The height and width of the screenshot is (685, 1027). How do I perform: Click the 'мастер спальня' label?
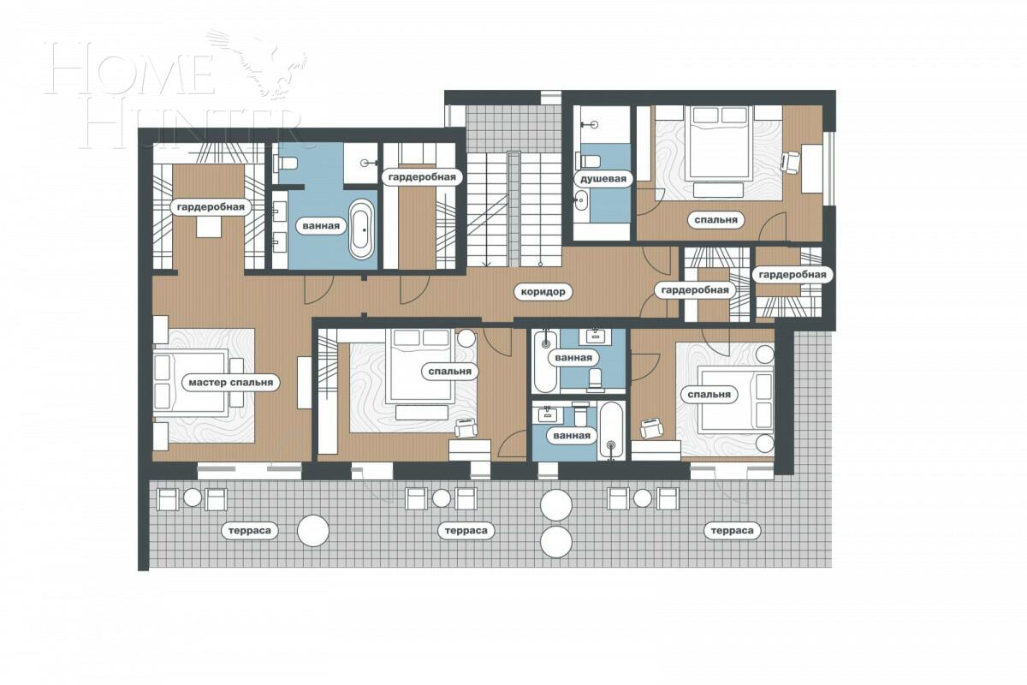point(229,382)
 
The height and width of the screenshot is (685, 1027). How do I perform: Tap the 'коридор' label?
point(543,291)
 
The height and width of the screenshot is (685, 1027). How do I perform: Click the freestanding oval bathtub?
point(362,229)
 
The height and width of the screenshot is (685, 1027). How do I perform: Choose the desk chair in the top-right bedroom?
point(790,160)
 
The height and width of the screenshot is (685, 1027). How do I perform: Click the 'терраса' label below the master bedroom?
point(250,531)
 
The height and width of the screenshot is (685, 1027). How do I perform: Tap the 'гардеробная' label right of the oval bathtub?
point(423,177)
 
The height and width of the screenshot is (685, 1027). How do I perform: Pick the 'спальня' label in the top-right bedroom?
point(715,219)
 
